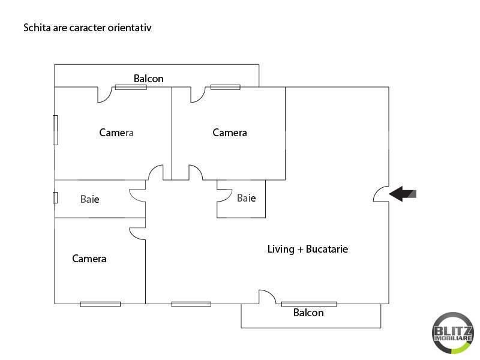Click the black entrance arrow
[402, 194]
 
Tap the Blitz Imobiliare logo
[453, 333]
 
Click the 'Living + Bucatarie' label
[308, 249]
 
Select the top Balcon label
[148, 79]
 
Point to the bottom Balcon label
[308, 313]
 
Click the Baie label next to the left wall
[89, 199]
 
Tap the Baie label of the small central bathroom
[246, 198]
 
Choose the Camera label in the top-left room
[116, 133]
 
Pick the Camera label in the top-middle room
[230, 133]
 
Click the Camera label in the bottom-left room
[89, 259]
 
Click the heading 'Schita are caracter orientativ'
[88, 28]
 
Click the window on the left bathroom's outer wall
[55, 197]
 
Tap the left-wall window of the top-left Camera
[55, 130]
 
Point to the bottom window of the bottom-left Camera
[100, 304]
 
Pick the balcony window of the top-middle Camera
[226, 87]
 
